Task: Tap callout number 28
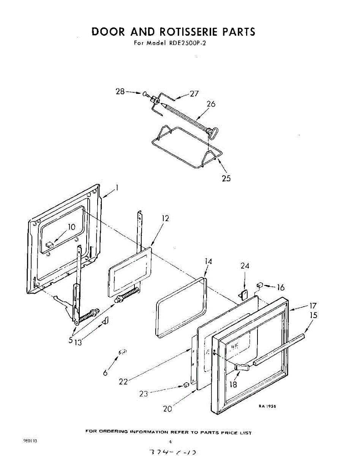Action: [120, 92]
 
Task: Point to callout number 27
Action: [194, 94]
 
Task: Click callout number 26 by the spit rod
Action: [211, 104]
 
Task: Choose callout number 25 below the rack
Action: [226, 178]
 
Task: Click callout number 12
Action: [165, 218]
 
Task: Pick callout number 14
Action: [208, 261]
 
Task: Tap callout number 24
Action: [245, 266]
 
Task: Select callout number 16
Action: [281, 288]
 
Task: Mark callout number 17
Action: [313, 305]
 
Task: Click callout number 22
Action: [123, 382]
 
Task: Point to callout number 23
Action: [144, 394]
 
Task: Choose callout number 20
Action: [167, 409]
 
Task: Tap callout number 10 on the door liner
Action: [72, 227]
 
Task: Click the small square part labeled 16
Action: [261, 284]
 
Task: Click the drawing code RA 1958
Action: [267, 406]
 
